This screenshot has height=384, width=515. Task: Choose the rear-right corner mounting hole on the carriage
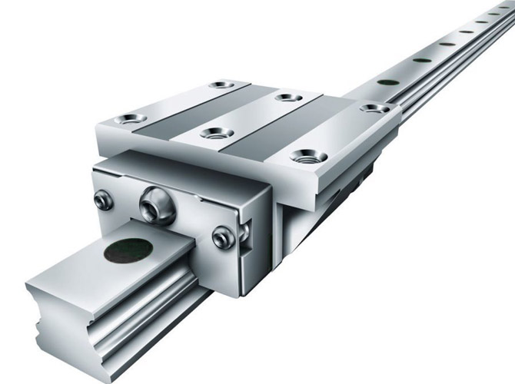374,108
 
